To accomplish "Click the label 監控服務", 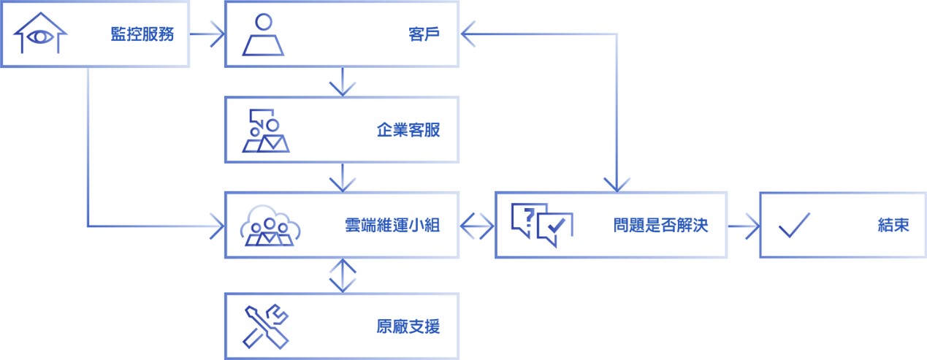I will click(142, 34).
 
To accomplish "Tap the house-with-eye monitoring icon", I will click(40, 34).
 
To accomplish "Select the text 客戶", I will click(424, 34).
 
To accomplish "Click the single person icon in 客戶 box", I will click(263, 34).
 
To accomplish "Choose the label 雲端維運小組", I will click(392, 225).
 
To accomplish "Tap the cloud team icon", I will click(270, 225).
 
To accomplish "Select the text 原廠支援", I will click(408, 326).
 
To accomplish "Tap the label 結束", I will click(893, 225).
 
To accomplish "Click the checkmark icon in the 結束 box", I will click(794, 226).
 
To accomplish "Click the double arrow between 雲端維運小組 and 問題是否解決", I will click(477, 225).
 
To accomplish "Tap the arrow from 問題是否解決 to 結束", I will click(744, 225).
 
